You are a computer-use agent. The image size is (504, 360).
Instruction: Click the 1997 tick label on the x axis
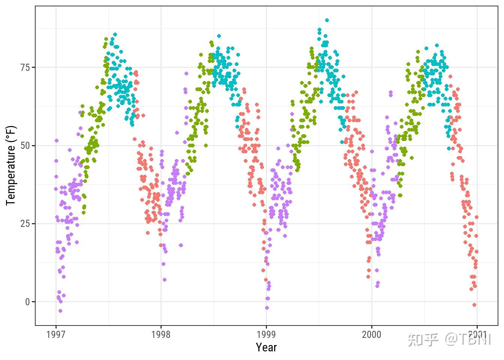(56, 334)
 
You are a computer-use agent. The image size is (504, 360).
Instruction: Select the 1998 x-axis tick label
(161, 334)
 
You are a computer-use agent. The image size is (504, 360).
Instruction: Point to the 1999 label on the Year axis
(266, 334)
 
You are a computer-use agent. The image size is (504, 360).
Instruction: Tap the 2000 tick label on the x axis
(371, 334)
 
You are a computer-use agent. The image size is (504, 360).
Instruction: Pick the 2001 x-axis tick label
(477, 334)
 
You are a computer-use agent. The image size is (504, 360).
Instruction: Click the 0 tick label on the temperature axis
(27, 302)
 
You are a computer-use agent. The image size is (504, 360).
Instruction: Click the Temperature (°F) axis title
(11, 165)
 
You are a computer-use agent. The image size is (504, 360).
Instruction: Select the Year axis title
(266, 347)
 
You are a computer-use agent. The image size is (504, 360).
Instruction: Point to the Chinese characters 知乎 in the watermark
(423, 339)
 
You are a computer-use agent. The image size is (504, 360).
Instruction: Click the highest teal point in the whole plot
(327, 20)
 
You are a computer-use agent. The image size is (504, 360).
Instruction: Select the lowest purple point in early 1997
(60, 311)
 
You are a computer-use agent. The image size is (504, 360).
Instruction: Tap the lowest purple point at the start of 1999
(267, 308)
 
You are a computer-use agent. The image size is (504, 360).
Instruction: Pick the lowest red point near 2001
(474, 305)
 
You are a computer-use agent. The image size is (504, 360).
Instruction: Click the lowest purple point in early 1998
(165, 280)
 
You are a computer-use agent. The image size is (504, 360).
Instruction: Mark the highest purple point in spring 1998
(186, 73)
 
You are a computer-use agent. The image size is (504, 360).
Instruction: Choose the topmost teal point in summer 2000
(437, 45)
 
